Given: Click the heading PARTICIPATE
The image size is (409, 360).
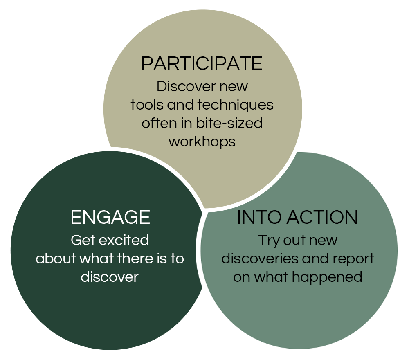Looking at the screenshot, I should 202,64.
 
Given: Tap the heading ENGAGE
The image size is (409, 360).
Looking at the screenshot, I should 110,217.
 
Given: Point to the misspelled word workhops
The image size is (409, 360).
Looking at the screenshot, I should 202,142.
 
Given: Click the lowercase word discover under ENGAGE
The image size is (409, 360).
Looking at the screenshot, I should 110,277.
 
